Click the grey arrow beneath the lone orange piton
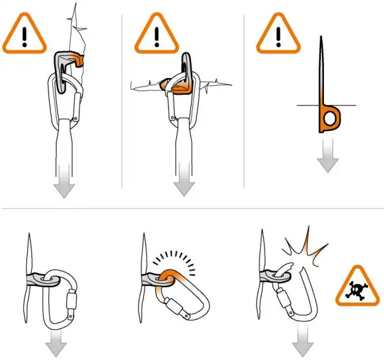pyautogui.click(x=328, y=158)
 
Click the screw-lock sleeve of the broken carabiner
pyautogui.click(x=282, y=299)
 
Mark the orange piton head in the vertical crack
pyautogui.click(x=77, y=60)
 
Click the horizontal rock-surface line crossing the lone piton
pyautogui.click(x=349, y=105)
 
